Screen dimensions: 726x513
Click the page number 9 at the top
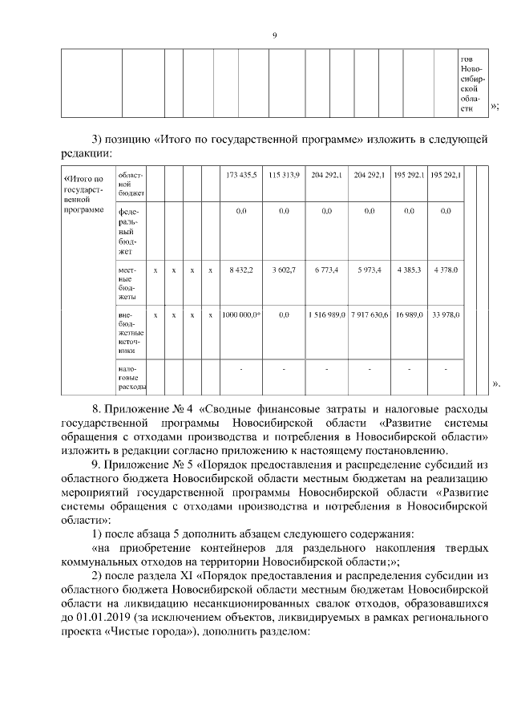[x=274, y=34]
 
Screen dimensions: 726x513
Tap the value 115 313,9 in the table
[x=284, y=175]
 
